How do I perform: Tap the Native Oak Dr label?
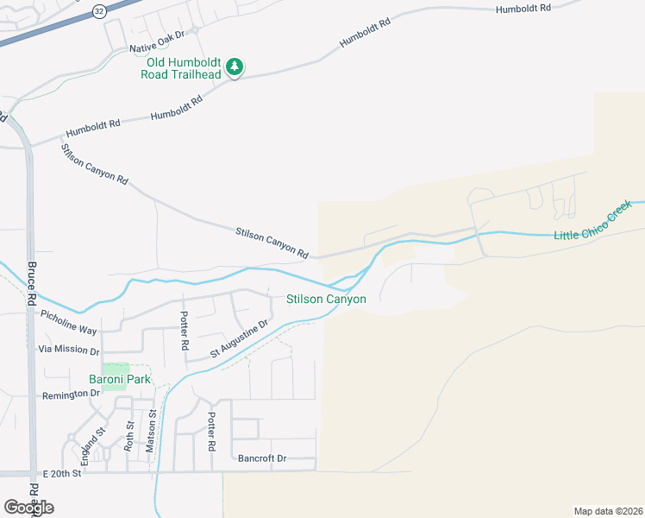157,48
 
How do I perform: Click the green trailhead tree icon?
234,66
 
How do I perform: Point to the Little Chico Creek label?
592,224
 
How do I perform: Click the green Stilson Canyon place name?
326,299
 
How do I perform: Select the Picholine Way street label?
69,324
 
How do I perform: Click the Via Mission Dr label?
69,350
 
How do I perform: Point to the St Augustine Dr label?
241,339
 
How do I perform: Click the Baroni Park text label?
120,379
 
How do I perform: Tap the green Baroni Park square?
116,370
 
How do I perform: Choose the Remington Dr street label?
71,394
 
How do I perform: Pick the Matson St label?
150,432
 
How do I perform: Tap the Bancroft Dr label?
262,458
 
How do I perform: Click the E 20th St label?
61,473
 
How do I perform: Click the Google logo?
28,507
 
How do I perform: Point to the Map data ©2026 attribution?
607,510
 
